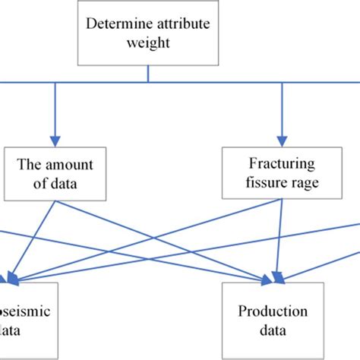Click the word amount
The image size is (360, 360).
[x=66, y=162]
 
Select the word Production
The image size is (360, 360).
[x=272, y=311]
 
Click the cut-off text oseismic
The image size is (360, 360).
[x=26, y=311]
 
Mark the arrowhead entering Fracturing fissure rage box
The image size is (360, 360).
[x=283, y=141]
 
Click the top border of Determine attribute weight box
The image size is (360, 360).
[x=147, y=2]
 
